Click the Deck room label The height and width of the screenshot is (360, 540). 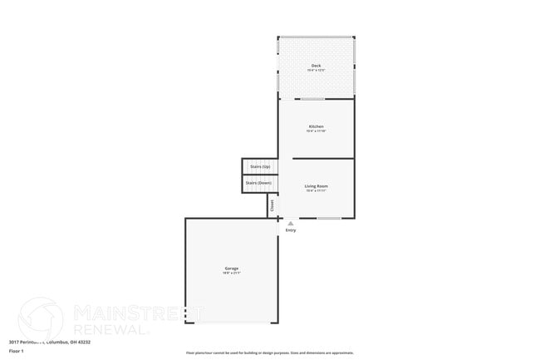point(316,66)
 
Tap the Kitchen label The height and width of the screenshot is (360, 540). point(316,126)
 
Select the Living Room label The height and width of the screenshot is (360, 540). point(316,185)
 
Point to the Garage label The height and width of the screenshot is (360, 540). point(232,268)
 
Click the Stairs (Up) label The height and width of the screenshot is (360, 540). point(260,166)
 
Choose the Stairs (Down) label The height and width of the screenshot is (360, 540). point(258,182)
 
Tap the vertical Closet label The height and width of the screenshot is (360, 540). point(272,205)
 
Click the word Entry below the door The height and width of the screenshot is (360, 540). point(291,230)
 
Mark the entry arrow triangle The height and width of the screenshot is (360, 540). point(290,223)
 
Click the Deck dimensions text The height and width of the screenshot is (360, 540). point(316,71)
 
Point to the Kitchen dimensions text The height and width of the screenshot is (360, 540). point(316,131)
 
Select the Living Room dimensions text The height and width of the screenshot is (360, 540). point(316,190)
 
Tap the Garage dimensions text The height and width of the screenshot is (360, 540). point(232,273)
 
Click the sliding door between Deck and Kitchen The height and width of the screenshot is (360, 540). point(312,99)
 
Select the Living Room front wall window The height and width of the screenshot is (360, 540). point(329,218)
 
